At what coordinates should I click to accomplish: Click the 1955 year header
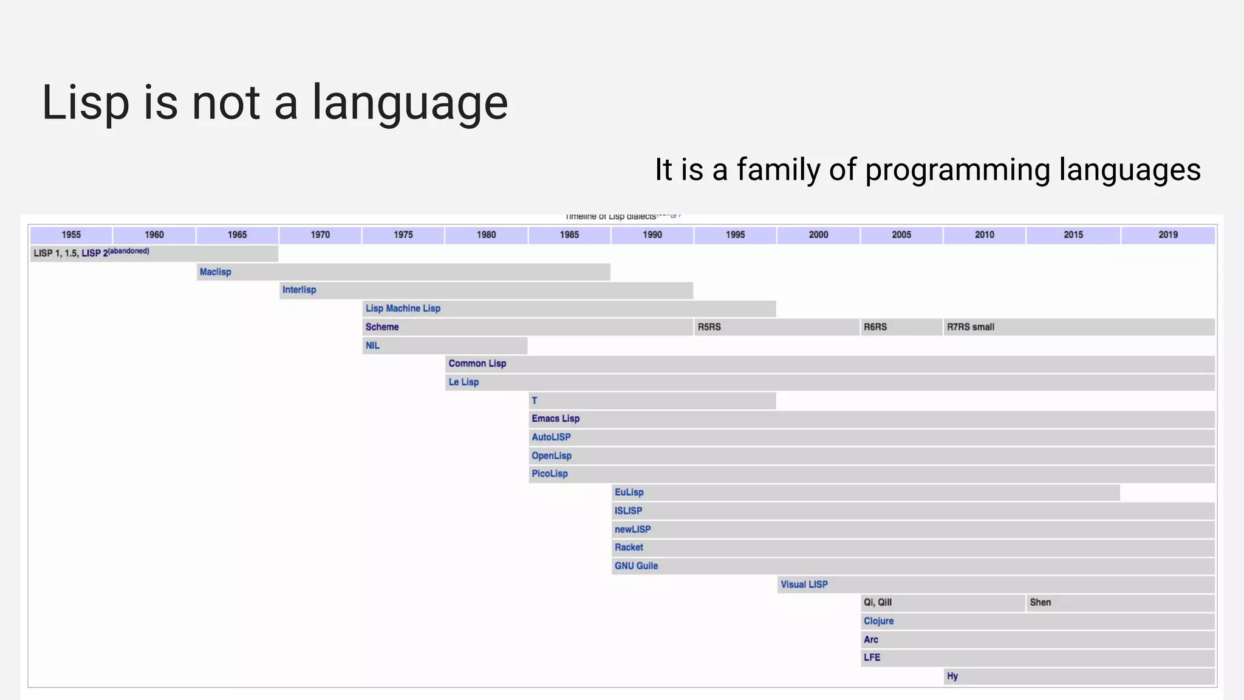click(71, 235)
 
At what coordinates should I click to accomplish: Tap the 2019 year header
click(1167, 235)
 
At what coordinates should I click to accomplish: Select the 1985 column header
click(569, 235)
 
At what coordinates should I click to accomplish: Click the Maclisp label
click(215, 272)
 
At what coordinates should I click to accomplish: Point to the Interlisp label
click(299, 290)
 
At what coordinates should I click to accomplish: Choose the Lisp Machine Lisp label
click(403, 308)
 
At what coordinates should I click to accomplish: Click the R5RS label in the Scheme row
click(709, 327)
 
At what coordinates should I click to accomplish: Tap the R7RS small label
click(970, 327)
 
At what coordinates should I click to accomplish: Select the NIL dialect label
click(372, 345)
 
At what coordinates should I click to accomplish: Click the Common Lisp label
click(477, 363)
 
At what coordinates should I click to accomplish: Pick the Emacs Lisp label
click(555, 419)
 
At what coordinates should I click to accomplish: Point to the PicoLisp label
click(549, 473)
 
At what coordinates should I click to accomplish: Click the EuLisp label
click(629, 492)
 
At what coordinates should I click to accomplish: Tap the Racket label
click(629, 547)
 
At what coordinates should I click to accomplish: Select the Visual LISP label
click(804, 584)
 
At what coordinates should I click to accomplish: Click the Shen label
click(1040, 602)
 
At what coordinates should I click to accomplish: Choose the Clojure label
click(878, 621)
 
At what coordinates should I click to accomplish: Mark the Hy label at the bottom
click(952, 676)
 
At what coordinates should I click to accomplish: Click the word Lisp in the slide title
click(85, 102)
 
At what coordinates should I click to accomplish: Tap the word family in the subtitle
click(778, 170)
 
